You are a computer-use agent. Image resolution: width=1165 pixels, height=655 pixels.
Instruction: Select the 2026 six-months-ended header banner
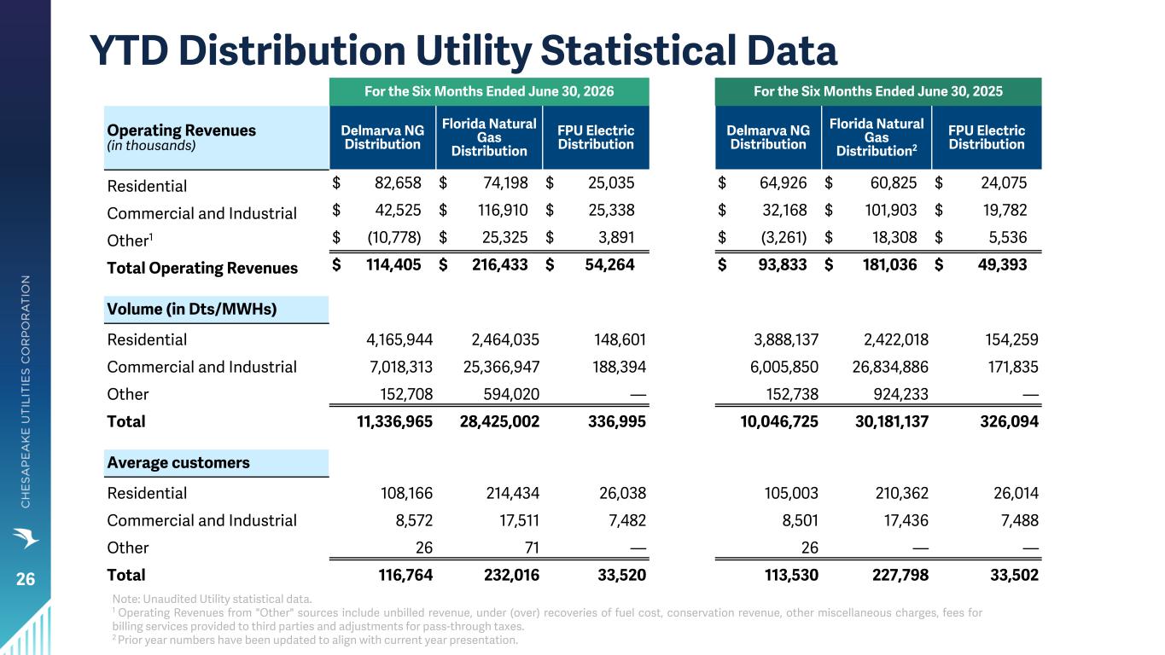pos(489,91)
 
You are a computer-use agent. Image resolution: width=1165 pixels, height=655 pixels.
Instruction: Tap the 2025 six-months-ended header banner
pos(878,91)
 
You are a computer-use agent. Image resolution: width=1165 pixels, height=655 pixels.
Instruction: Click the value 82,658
pos(398,183)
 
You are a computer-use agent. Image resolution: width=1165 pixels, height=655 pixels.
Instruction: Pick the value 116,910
pos(503,210)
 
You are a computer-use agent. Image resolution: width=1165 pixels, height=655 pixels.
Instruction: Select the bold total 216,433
pos(500,264)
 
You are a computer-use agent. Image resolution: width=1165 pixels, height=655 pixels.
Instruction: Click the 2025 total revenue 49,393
pos(1002,264)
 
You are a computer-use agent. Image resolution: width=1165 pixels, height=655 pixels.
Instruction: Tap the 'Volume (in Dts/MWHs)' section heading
pos(192,309)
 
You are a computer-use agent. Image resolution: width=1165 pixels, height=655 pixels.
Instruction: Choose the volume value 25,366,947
pos(501,367)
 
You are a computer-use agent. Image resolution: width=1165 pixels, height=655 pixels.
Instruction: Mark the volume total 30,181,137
pos(891,421)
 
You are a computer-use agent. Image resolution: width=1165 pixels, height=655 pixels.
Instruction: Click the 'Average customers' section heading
pos(178,462)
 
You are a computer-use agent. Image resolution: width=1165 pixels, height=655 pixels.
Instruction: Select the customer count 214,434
pos(513,493)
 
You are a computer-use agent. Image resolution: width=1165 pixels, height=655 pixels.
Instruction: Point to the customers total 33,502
pos(1014,575)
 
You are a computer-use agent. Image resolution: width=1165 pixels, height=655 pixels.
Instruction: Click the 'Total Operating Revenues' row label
pos(202,269)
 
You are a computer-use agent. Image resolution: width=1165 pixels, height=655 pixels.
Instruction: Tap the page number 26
pos(26,579)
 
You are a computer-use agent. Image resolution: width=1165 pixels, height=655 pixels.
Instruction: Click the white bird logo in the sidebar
pos(26,537)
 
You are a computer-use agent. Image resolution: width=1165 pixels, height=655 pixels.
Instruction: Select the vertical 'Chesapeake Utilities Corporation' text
pos(26,391)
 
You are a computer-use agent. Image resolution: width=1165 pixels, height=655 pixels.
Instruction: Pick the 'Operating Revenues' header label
pos(182,130)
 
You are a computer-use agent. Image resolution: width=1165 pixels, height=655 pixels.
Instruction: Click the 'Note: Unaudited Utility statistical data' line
pos(213,599)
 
